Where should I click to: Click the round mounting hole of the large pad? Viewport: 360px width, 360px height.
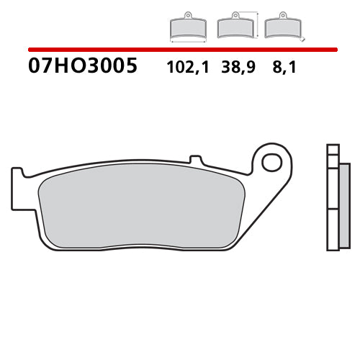(x=271, y=162)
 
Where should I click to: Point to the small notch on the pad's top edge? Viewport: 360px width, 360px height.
(x=193, y=158)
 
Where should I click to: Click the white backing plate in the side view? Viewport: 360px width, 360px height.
(x=333, y=209)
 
